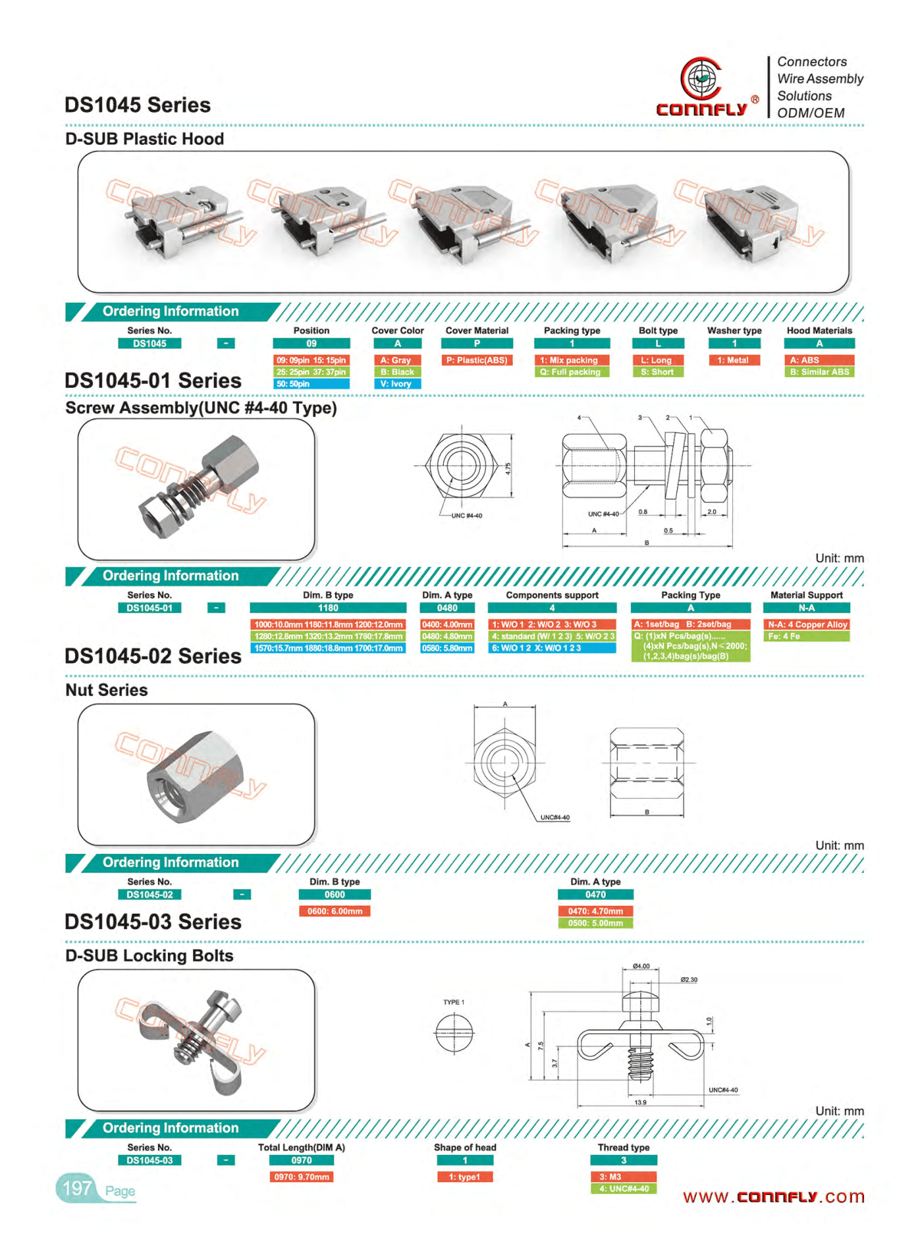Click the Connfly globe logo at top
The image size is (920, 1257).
click(x=700, y=78)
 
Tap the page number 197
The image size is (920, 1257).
click(x=77, y=1188)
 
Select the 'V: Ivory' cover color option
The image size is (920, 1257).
click(x=397, y=384)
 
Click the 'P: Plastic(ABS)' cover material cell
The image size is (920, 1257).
click(x=477, y=360)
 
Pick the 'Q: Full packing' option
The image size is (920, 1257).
click(x=572, y=373)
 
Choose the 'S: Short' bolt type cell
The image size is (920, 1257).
click(x=658, y=373)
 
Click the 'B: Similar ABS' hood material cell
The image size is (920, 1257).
click(x=819, y=373)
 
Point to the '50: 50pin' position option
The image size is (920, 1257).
click(x=310, y=384)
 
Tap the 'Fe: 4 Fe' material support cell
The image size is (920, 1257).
click(x=807, y=637)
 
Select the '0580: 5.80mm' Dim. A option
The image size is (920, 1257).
click(x=447, y=648)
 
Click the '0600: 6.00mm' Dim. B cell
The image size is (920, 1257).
click(x=334, y=911)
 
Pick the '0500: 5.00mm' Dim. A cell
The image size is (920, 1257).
click(x=596, y=924)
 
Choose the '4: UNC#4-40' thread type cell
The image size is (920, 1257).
click(x=623, y=1189)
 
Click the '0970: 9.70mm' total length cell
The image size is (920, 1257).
click(x=302, y=1177)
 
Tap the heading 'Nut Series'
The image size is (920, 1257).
click(x=107, y=690)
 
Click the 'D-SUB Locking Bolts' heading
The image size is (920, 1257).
click(x=149, y=956)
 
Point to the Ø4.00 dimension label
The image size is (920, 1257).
click(x=641, y=967)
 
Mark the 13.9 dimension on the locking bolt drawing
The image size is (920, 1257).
click(x=640, y=1102)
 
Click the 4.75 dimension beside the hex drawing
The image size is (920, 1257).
click(x=508, y=468)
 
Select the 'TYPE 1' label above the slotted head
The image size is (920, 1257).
click(x=453, y=1002)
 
